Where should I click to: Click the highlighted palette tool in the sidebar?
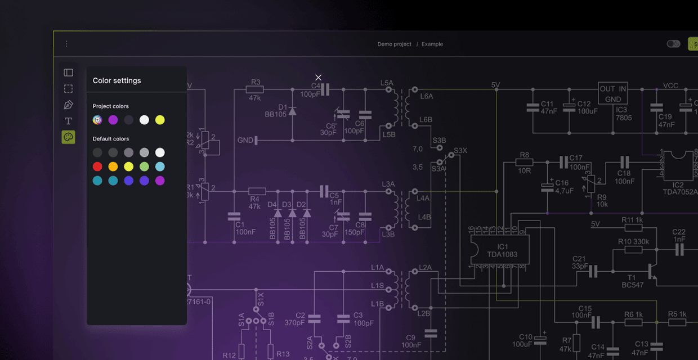[x=68, y=137]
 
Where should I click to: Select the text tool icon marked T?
[x=68, y=121]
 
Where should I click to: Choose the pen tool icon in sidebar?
[x=68, y=105]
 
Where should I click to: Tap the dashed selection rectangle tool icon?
[x=68, y=89]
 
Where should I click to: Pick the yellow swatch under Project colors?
[x=160, y=120]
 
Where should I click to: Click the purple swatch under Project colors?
[x=113, y=120]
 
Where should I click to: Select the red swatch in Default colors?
[x=97, y=166]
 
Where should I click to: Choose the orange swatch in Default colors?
[x=113, y=166]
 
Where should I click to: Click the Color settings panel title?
[x=117, y=80]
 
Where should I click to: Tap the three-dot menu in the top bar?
[x=66, y=44]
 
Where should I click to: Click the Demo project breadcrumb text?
[x=394, y=44]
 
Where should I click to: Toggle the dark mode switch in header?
[x=673, y=44]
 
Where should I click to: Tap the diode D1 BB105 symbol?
[x=292, y=111]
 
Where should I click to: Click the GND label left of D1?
[x=245, y=140]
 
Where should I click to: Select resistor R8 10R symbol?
[x=524, y=162]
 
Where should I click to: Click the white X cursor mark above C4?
[x=319, y=78]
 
